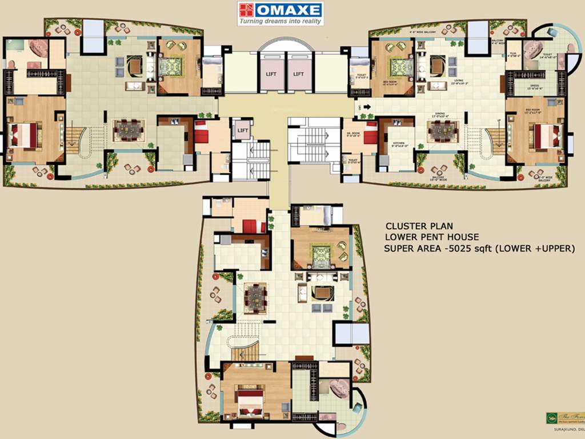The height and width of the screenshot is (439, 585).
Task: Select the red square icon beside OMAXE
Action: tap(246, 10)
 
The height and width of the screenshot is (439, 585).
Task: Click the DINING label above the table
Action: tap(440, 115)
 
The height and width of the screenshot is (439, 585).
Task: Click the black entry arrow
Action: tap(366, 106)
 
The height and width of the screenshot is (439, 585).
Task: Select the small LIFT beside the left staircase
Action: tap(242, 130)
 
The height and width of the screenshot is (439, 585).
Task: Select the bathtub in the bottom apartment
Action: tap(339, 388)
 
